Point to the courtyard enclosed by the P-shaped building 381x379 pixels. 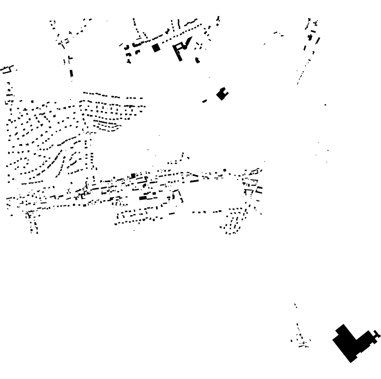(x=179, y=47)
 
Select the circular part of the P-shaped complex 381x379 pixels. (x=185, y=47)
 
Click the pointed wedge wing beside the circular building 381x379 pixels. (x=188, y=41)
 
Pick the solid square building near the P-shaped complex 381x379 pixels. (x=156, y=48)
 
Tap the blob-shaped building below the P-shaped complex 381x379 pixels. (x=197, y=61)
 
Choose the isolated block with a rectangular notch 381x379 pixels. (x=222, y=94)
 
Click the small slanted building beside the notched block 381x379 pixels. (x=205, y=101)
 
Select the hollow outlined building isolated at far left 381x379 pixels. (x=7, y=69)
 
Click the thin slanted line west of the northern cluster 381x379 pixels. (x=121, y=45)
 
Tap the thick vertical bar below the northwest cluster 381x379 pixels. (x=71, y=73)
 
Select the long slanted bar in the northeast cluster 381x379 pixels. (x=318, y=40)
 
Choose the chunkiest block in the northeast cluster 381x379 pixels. (x=310, y=37)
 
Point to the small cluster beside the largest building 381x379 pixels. (x=302, y=340)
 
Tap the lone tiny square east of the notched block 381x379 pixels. (x=325, y=105)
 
